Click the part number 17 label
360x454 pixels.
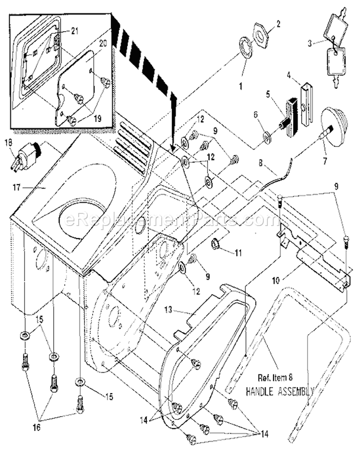pyautogui.click(x=16, y=188)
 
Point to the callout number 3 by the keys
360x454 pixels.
pyautogui.click(x=310, y=44)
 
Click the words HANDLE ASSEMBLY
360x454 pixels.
pyautogui.click(x=279, y=392)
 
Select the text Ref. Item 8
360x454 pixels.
pyautogui.click(x=275, y=378)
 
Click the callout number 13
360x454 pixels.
pyautogui.click(x=168, y=310)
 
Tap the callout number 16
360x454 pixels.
pyautogui.click(x=37, y=427)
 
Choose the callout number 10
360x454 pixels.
pyautogui.click(x=276, y=281)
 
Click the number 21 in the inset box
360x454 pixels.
pyautogui.click(x=75, y=31)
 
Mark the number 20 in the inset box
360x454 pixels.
pyautogui.click(x=103, y=43)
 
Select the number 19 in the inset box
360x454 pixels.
pyautogui.click(x=97, y=119)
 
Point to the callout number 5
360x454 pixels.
pyautogui.click(x=268, y=95)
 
